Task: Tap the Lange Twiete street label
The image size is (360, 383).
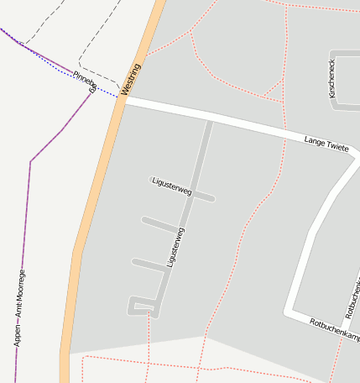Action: [326, 144]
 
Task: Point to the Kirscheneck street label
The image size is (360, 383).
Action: [333, 78]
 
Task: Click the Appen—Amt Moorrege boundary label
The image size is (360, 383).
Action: [20, 307]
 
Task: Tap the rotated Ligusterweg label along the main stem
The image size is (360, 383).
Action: [176, 247]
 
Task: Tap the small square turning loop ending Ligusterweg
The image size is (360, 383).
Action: [142, 305]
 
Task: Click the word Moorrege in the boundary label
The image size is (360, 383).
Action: [21, 286]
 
